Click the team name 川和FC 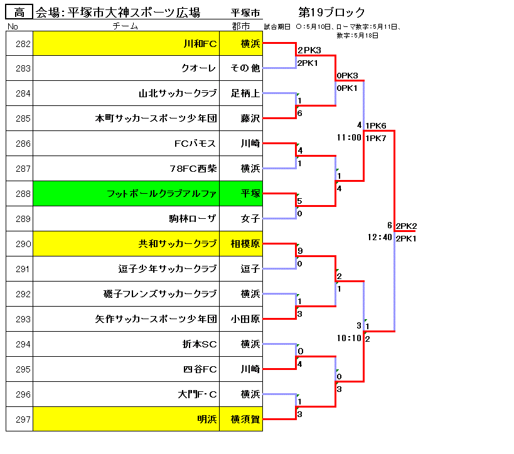click(x=200, y=44)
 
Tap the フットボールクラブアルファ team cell click(x=162, y=194)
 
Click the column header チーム click(x=126, y=26)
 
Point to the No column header click(x=13, y=26)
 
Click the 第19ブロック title click(x=332, y=13)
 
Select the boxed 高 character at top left click(x=19, y=12)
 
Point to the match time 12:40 click(x=380, y=238)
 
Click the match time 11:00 click(x=349, y=137)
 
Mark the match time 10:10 click(x=349, y=338)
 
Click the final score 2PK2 click(x=407, y=226)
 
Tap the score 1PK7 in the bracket click(x=376, y=138)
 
